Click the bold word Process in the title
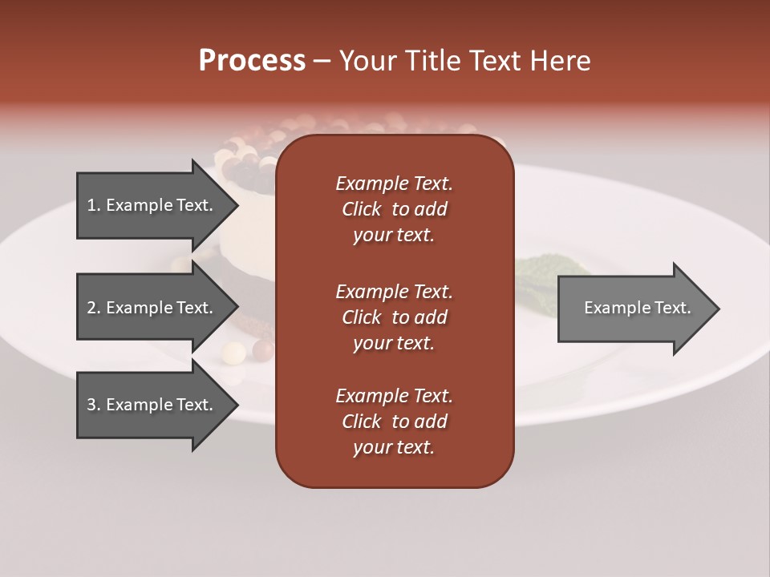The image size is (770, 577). [252, 61]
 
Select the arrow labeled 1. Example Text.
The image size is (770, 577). [152, 205]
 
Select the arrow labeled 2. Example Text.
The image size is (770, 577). [152, 308]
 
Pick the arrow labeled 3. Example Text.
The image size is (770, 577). [152, 405]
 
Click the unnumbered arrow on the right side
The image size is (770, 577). [634, 309]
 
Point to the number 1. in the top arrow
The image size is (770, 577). [94, 205]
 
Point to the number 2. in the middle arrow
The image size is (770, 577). [94, 308]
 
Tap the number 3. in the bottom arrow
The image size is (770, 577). [94, 405]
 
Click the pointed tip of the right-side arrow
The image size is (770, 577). [715, 309]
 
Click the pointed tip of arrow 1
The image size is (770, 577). [235, 205]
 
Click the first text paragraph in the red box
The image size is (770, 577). [395, 209]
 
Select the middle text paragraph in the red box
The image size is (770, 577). [395, 317]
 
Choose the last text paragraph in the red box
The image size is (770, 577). [395, 422]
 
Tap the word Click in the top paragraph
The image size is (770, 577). [362, 209]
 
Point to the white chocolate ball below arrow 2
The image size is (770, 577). [233, 351]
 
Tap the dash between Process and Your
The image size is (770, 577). [322, 62]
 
